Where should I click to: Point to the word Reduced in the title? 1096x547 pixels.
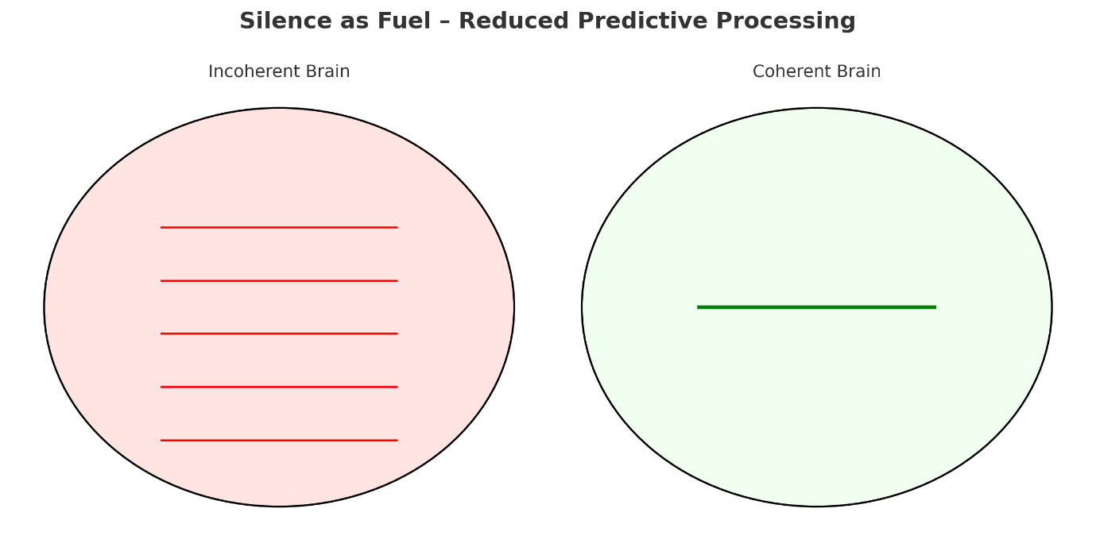tap(508, 21)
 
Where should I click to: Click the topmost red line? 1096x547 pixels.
tap(279, 228)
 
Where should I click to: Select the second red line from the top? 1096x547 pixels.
tap(279, 281)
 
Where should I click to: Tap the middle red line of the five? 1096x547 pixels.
tap(279, 333)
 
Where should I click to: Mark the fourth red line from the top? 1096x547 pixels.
tap(279, 387)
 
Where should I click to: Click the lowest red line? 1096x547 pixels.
tap(279, 441)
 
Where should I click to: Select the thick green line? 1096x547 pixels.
tap(816, 307)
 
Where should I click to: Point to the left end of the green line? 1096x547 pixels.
tap(699, 307)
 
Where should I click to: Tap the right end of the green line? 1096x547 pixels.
tap(934, 307)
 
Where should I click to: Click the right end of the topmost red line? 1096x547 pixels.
tap(396, 228)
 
